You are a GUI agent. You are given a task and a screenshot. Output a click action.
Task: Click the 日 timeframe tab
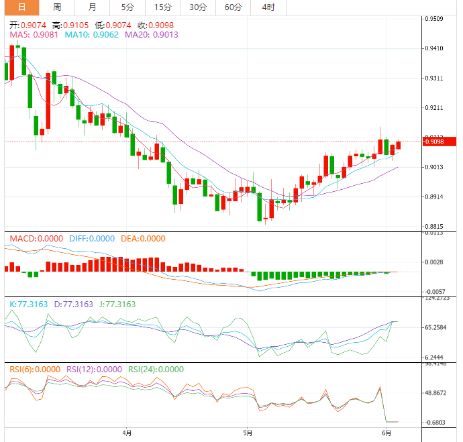click(22, 7)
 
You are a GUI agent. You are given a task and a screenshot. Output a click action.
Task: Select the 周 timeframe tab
click(57, 7)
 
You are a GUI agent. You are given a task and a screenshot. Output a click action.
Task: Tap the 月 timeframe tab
click(92, 7)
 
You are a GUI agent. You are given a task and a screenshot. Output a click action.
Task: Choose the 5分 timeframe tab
click(127, 7)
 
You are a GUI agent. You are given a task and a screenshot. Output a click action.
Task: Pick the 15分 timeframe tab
click(162, 7)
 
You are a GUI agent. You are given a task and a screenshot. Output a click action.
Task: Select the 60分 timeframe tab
click(233, 7)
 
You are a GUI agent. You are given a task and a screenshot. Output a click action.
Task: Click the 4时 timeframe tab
click(268, 7)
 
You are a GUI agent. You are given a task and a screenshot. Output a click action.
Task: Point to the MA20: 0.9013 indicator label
click(152, 34)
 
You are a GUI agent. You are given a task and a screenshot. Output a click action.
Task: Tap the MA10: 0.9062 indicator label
click(91, 34)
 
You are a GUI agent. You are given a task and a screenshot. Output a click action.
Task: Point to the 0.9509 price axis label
click(435, 19)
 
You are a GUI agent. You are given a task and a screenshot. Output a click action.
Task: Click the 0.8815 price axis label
click(435, 227)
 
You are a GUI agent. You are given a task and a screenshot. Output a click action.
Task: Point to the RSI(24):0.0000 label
click(156, 369)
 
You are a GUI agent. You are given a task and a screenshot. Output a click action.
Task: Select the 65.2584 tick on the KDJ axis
click(437, 327)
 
